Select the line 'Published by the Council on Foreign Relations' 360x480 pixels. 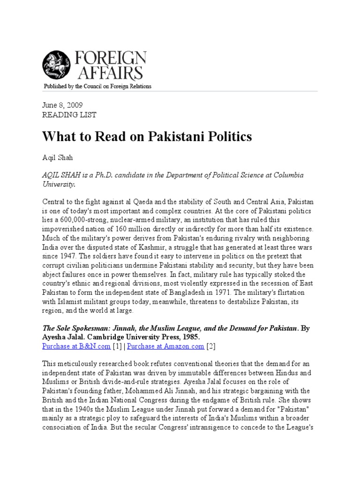point(97,87)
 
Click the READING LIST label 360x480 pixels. point(69,114)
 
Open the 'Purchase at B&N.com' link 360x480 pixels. point(76,346)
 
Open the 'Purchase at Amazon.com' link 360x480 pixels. point(165,346)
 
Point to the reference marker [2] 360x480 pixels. point(211,346)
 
